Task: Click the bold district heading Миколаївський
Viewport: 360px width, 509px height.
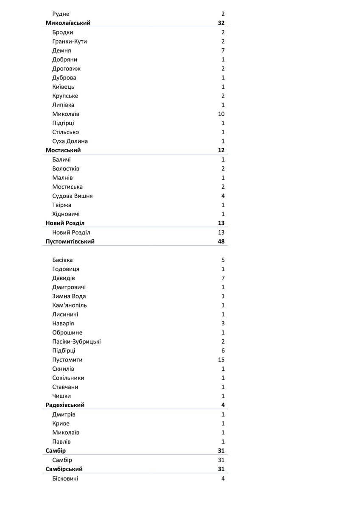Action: [68, 23]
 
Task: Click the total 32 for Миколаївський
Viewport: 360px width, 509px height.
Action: [221, 23]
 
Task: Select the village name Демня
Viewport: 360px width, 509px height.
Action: [61, 50]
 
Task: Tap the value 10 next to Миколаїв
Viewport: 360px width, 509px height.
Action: [221, 114]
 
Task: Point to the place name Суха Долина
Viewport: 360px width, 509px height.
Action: [70, 141]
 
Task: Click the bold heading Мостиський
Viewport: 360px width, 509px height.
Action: [63, 150]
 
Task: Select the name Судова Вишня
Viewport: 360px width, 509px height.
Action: [73, 196]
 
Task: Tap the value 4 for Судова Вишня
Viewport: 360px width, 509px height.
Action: [223, 196]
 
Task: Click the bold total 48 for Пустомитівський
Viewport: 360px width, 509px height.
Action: [221, 241]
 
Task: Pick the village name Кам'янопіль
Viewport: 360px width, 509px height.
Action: [70, 305]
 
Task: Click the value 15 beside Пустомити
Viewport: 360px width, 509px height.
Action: [221, 360]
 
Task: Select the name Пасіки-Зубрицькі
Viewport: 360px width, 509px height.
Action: [76, 341]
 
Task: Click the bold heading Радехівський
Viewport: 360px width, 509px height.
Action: [65, 405]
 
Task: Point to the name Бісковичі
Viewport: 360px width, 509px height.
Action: [65, 478]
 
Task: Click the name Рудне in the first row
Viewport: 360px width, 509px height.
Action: [61, 14]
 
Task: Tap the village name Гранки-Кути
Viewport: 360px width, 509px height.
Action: [70, 41]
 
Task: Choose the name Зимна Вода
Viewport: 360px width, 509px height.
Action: [69, 296]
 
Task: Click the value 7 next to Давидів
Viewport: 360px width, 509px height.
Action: [223, 278]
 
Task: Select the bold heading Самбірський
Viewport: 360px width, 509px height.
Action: [64, 469]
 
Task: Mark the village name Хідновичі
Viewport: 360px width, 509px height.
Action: [66, 214]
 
